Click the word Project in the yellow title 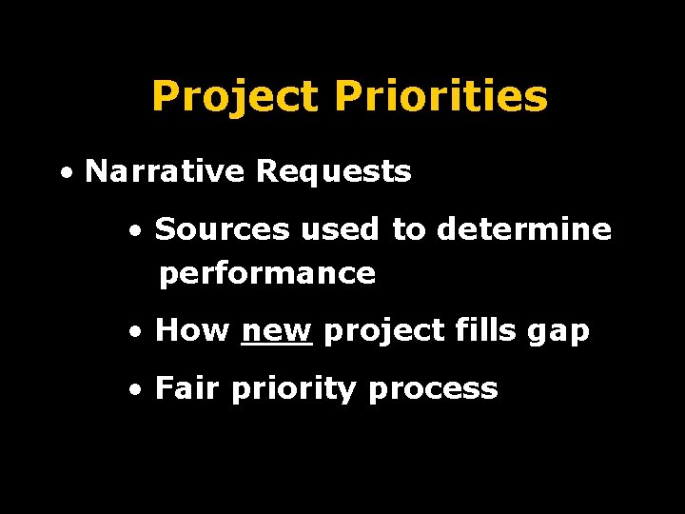(x=235, y=97)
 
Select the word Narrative (x=166, y=172)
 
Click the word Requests (x=333, y=172)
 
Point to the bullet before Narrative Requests (x=65, y=174)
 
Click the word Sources (x=224, y=229)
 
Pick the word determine (x=524, y=229)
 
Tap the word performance (x=267, y=274)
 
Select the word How (x=192, y=331)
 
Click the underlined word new (x=277, y=331)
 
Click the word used (x=342, y=229)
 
